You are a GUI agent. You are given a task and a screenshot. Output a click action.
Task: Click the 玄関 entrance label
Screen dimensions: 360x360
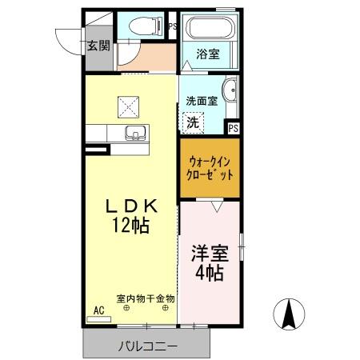[98, 45]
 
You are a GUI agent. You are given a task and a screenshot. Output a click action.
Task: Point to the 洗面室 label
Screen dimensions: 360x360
[202, 102]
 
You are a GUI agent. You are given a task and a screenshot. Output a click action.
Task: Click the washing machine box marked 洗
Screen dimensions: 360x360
[193, 122]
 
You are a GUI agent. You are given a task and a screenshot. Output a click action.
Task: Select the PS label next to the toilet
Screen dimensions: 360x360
[173, 26]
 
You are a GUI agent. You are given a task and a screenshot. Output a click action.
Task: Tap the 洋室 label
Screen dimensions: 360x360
[210, 254]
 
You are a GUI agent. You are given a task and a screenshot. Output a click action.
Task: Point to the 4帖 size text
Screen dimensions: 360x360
[210, 272]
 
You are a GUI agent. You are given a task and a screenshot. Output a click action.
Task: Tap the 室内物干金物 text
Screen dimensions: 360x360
[146, 298]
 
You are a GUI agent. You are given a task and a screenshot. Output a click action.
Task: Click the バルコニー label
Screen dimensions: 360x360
[148, 346]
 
